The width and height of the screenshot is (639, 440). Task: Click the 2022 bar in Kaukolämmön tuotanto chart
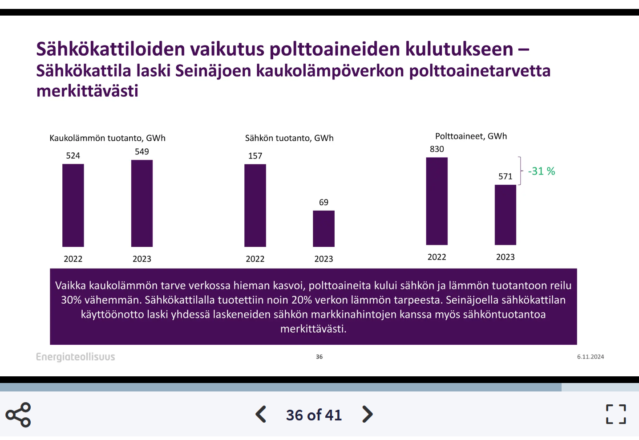click(73, 205)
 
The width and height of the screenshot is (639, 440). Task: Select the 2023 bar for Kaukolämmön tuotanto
click(142, 203)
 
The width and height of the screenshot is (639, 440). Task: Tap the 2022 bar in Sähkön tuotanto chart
click(255, 205)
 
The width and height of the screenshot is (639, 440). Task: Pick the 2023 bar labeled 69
click(324, 228)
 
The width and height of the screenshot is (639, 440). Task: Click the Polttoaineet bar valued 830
click(437, 201)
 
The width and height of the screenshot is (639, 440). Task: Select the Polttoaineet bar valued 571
click(505, 215)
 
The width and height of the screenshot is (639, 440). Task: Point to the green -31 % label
click(542, 171)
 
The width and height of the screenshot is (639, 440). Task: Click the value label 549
click(142, 151)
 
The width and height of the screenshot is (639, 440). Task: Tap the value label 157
click(255, 156)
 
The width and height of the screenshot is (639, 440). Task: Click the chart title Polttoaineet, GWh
click(471, 136)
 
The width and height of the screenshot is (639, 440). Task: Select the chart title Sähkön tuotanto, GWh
click(289, 138)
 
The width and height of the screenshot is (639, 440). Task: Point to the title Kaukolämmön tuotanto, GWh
click(107, 138)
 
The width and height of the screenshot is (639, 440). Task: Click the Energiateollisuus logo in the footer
click(75, 357)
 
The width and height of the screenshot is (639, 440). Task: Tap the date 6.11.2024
click(590, 357)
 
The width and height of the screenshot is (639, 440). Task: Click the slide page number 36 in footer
click(319, 357)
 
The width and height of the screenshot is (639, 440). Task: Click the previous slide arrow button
click(261, 414)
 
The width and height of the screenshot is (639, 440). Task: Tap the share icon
click(18, 415)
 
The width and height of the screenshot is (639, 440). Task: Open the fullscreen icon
click(616, 414)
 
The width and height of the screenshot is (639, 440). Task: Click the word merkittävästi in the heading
click(87, 91)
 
